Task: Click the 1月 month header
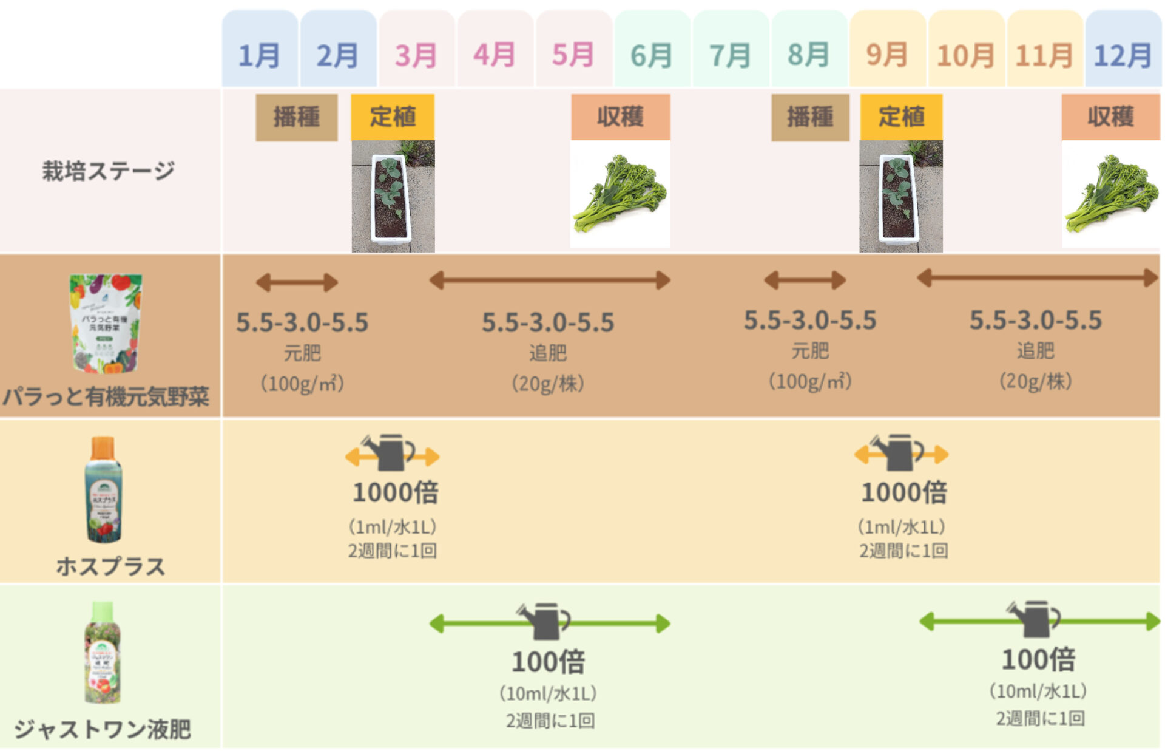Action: [260, 55]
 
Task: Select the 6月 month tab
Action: [652, 55]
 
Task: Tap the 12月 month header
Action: [1123, 55]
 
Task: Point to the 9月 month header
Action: [887, 55]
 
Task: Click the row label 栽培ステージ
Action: [108, 171]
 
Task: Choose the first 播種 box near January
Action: [296, 117]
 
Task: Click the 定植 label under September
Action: [901, 117]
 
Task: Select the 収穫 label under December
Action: [1110, 117]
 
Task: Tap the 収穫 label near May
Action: [620, 117]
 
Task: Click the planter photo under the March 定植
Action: [393, 196]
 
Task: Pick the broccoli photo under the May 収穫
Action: [620, 194]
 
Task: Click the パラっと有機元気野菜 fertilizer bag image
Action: [105, 323]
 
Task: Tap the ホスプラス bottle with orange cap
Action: [103, 489]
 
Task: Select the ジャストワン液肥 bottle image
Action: [103, 653]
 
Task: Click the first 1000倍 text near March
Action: [395, 492]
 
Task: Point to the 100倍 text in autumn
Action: [1038, 659]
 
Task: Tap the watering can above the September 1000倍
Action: [897, 452]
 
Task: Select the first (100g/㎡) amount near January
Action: [302, 384]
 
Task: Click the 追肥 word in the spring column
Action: [547, 352]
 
